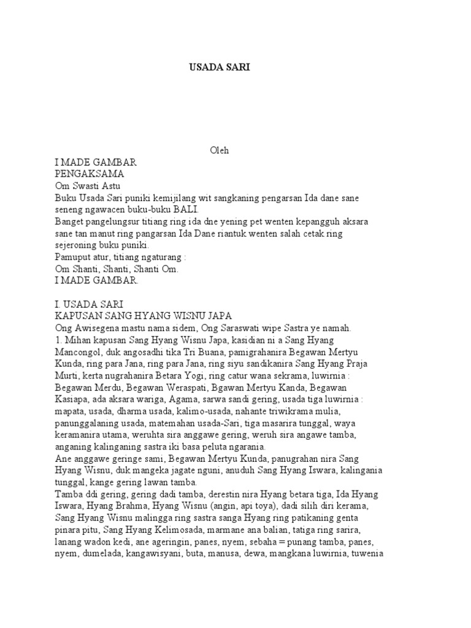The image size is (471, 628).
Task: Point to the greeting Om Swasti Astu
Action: point(88,186)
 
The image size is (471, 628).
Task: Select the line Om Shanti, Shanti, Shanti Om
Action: point(109,269)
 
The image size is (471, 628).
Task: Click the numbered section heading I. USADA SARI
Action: point(90,304)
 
